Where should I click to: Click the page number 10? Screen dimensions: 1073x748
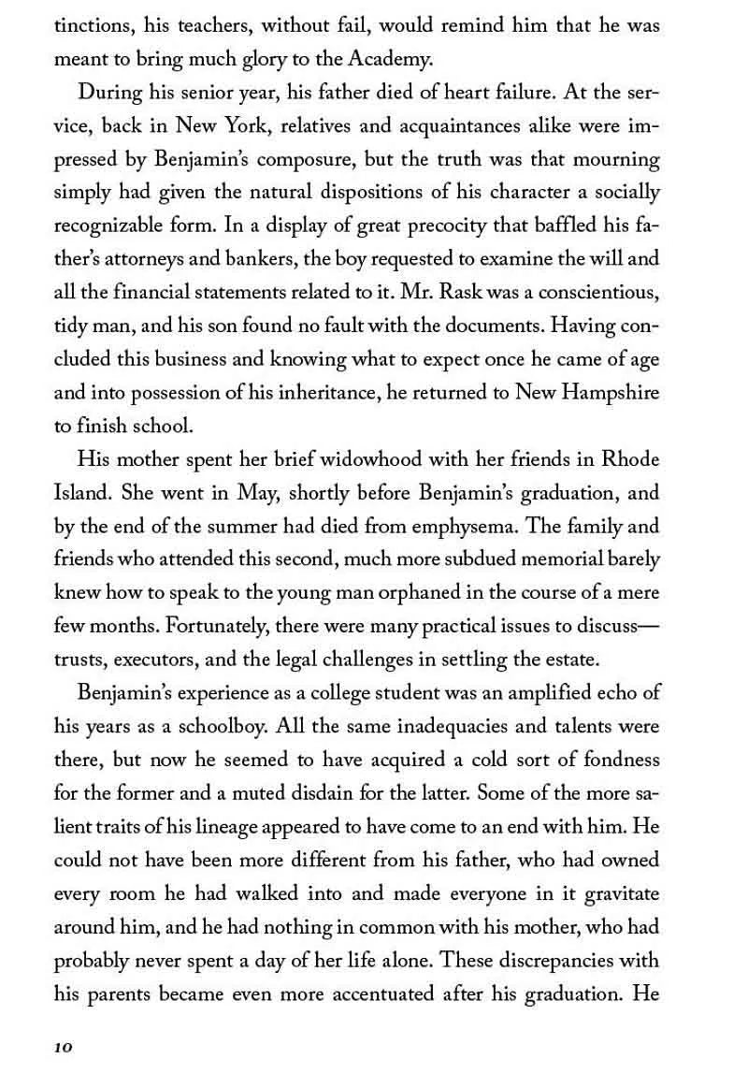[x=63, y=1044]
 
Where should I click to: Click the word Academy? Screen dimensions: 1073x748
[x=392, y=61]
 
